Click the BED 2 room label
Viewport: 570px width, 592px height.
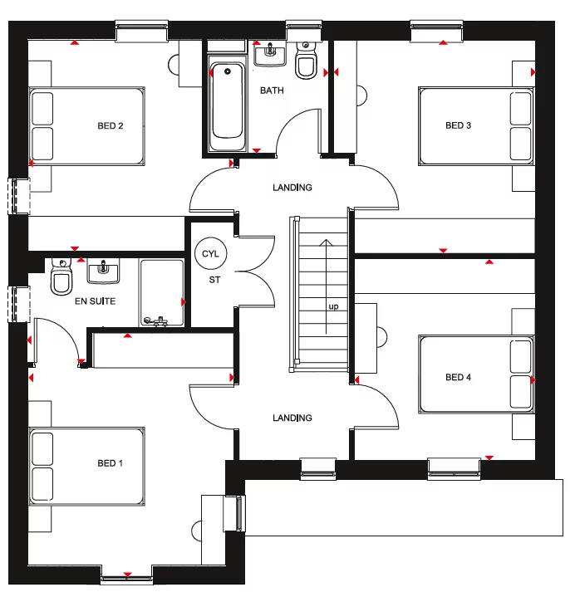tap(110, 126)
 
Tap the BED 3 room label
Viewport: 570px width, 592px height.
tap(458, 126)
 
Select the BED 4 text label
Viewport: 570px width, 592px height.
tap(458, 378)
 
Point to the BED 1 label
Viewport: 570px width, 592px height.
tap(110, 463)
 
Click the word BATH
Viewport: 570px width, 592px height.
tap(272, 91)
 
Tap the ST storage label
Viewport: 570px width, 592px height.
tap(214, 280)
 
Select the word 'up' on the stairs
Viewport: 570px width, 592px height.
tap(333, 306)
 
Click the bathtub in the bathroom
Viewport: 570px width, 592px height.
tap(227, 103)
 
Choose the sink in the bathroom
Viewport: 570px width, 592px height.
tap(269, 56)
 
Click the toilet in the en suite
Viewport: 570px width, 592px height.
tap(61, 279)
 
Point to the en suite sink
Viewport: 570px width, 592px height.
tap(104, 269)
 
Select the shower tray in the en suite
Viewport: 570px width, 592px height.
tap(161, 292)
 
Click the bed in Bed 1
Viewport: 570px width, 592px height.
tap(87, 467)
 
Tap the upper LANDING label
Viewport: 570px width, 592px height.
tap(292, 188)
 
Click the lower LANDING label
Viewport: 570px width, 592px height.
tap(292, 418)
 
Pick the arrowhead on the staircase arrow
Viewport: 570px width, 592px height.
tap(325, 243)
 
